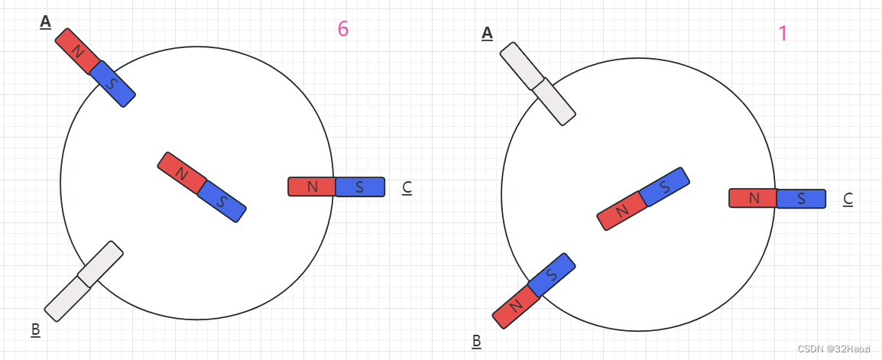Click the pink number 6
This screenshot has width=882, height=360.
pyautogui.click(x=343, y=29)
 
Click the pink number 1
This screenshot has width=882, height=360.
pyautogui.click(x=783, y=34)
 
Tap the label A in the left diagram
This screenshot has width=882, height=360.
pyautogui.click(x=45, y=22)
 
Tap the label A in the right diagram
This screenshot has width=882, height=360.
pyautogui.click(x=487, y=33)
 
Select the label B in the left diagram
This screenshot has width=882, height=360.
pyautogui.click(x=35, y=330)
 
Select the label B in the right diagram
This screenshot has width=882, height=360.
pyautogui.click(x=476, y=341)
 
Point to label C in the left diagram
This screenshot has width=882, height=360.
pyautogui.click(x=407, y=187)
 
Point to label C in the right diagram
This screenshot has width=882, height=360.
pyautogui.click(x=848, y=199)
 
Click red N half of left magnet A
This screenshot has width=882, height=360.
pyautogui.click(x=77, y=51)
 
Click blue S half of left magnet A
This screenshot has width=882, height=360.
pyautogui.click(x=112, y=83)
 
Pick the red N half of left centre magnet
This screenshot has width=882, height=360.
pyautogui.click(x=182, y=173)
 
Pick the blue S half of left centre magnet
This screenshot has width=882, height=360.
pyautogui.click(x=222, y=201)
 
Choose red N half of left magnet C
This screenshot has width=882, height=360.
pyautogui.click(x=312, y=186)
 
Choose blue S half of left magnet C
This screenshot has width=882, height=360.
pyautogui.click(x=360, y=186)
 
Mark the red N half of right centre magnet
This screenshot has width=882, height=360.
pyautogui.click(x=620, y=210)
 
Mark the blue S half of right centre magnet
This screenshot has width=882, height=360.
pyautogui.click(x=664, y=186)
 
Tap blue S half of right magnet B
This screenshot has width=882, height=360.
pyautogui.click(x=551, y=274)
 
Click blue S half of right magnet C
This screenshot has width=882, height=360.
pyautogui.click(x=801, y=199)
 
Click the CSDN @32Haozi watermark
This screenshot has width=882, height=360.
pyautogui.click(x=833, y=349)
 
